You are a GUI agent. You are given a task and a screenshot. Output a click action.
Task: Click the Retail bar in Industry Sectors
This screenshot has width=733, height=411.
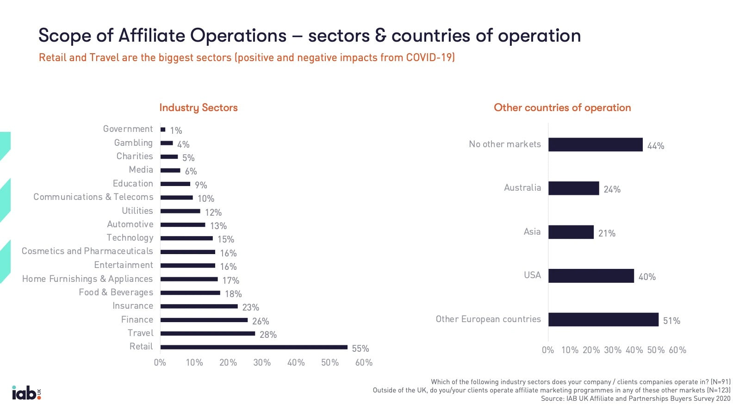[x=254, y=347]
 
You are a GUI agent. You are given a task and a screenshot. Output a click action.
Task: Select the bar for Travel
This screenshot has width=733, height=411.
[x=208, y=333]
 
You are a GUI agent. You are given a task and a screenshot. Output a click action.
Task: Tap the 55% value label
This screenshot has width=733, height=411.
[x=360, y=349]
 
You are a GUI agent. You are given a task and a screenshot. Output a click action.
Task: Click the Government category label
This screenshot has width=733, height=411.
[x=128, y=129]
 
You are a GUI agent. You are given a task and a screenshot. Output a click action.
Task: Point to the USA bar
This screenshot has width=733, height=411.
[x=591, y=276]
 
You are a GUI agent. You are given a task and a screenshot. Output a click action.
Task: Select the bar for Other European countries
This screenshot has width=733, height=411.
[x=603, y=319]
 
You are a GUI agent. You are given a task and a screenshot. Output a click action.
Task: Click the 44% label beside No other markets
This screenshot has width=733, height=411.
[x=656, y=146]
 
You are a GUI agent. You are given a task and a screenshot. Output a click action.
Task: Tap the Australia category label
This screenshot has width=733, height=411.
[x=522, y=187]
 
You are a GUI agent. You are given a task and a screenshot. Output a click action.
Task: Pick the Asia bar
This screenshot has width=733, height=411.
[x=571, y=232]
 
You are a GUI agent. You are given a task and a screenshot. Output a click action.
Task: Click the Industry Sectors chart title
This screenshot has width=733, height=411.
[x=199, y=107]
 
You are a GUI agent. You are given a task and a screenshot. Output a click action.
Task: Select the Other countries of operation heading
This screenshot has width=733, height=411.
[x=562, y=107]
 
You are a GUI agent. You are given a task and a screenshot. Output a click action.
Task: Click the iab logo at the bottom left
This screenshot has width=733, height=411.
[x=26, y=392]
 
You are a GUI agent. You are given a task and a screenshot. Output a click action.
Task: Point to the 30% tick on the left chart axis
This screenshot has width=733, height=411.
[x=262, y=362]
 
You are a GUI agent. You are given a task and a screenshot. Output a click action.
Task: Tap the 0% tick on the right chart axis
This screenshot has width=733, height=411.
[x=548, y=350]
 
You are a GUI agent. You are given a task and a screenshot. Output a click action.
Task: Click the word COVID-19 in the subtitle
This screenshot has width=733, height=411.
[x=429, y=57]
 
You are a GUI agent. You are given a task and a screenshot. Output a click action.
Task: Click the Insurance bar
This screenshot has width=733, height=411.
[x=199, y=306]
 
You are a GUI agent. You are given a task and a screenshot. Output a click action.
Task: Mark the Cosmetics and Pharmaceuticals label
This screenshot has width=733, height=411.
[x=87, y=251]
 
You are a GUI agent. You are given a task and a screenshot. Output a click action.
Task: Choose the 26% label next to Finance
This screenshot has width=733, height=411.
[x=261, y=321]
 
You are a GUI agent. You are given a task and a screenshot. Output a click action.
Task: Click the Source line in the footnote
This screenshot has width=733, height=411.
[x=635, y=399]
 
